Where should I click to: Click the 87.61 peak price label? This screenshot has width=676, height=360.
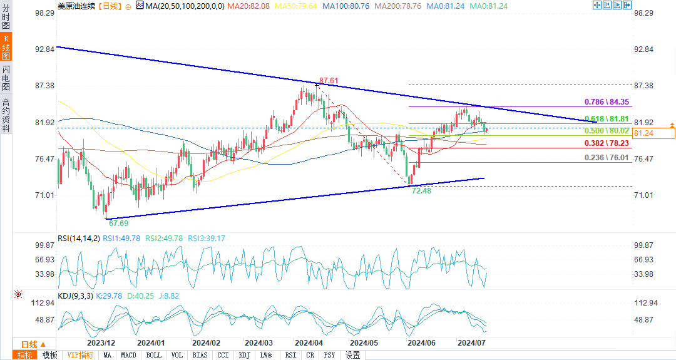tap(329, 81)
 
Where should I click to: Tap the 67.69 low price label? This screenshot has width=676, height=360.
tap(118, 222)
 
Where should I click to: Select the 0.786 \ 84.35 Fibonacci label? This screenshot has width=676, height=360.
tap(607, 101)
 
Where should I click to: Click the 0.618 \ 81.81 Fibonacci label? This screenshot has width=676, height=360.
tap(607, 118)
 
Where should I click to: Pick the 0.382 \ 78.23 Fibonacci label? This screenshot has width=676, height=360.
tap(607, 143)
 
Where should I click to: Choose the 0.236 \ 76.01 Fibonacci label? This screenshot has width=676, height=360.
tap(607, 158)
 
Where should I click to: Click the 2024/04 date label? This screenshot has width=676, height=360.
tap(308, 343)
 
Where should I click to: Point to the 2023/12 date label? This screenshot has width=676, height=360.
tap(101, 343)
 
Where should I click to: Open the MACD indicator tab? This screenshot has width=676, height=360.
tap(128, 355)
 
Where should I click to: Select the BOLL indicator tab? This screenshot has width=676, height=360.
tap(153, 355)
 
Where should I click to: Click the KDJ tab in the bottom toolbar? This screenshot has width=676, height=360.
tap(244, 355)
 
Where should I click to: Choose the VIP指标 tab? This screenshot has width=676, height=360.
tap(80, 355)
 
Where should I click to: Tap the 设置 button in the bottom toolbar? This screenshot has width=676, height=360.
tap(352, 355)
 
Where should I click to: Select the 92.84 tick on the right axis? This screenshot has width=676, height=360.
tap(644, 49)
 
